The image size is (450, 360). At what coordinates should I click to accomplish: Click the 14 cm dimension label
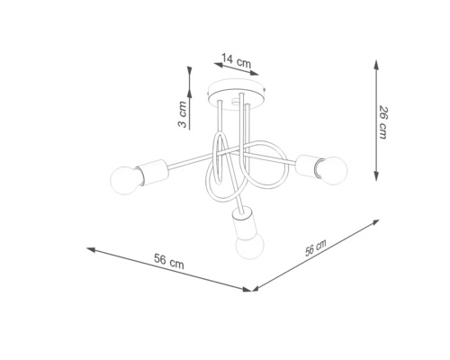tap(236, 60)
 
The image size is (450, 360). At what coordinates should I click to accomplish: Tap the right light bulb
tap(333, 167)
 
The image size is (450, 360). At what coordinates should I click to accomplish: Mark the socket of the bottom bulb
tap(240, 222)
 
